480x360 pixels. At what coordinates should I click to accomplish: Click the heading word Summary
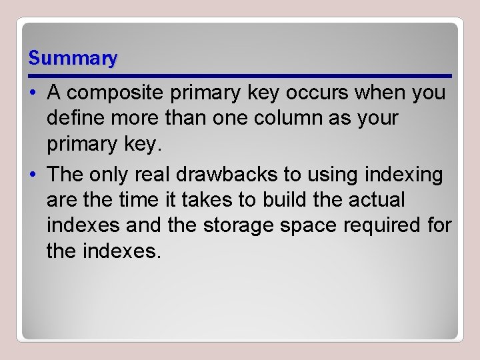coord(73,59)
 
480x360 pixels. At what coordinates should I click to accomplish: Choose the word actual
coord(379,200)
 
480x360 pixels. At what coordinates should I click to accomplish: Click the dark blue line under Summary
coord(240,75)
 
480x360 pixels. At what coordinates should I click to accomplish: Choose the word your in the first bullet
coord(377,119)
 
